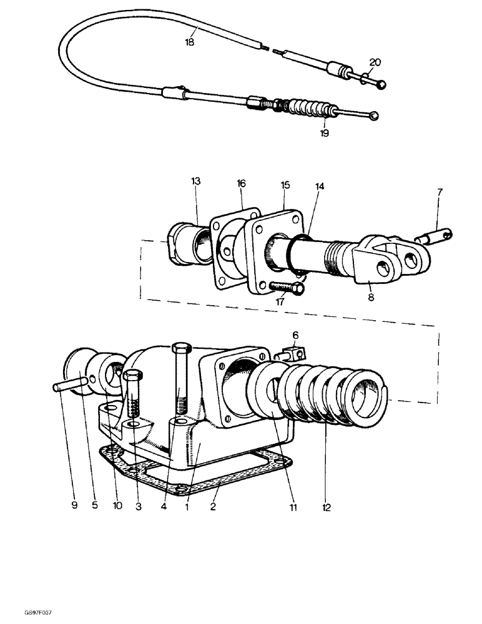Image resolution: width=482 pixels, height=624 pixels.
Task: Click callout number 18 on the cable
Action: pyautogui.click(x=190, y=43)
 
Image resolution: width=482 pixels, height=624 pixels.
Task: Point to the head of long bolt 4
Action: pyautogui.click(x=179, y=349)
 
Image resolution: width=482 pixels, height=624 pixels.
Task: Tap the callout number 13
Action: pyautogui.click(x=196, y=182)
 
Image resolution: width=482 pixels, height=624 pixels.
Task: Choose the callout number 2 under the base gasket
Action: pyautogui.click(x=214, y=507)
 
